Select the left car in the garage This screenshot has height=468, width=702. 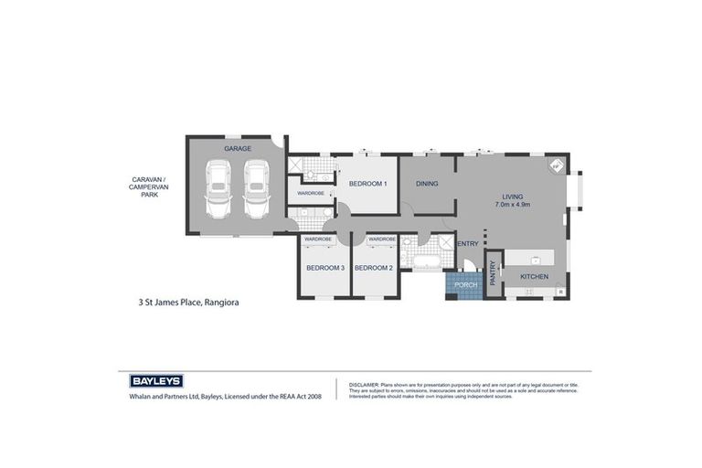218,189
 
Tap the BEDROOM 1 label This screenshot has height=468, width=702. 367,184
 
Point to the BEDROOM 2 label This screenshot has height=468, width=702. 373,268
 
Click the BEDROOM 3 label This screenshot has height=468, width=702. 324,268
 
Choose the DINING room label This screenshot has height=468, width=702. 427,184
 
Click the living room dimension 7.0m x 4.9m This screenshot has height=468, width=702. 512,206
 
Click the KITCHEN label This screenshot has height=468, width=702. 534,276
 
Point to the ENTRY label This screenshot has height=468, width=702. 468,244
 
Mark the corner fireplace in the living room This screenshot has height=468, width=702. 554,167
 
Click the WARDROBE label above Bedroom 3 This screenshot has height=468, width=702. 317,239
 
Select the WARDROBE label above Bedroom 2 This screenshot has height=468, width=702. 381,239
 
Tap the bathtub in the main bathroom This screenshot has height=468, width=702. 427,263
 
